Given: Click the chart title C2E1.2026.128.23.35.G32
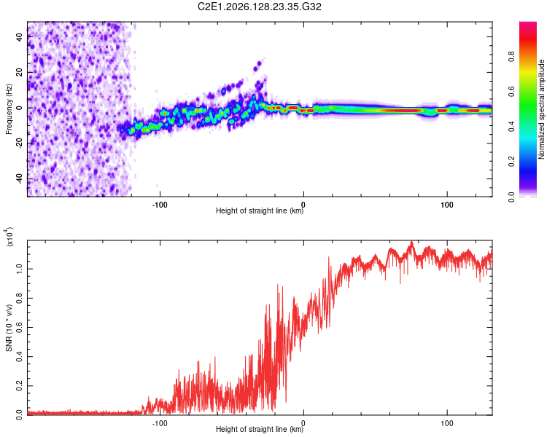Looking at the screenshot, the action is click(259, 7).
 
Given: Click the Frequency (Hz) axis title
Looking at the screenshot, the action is click(9, 109).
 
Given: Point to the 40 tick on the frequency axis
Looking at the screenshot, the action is click(20, 36).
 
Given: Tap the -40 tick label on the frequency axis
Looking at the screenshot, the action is click(20, 178).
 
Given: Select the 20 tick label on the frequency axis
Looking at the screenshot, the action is click(20, 72).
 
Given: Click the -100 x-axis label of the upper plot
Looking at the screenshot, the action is click(160, 205).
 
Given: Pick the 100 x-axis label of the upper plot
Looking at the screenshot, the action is click(447, 205).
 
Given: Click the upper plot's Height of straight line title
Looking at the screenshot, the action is click(260, 210).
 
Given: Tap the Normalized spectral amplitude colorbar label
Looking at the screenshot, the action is click(541, 109).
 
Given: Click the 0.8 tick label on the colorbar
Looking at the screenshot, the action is click(511, 57).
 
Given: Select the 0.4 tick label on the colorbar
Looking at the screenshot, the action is click(511, 127).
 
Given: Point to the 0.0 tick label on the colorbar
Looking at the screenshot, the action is click(511, 197).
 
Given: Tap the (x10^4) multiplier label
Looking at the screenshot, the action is click(9, 237).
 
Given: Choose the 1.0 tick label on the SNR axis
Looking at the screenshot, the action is click(20, 269).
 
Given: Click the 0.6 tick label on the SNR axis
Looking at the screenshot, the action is click(20, 327).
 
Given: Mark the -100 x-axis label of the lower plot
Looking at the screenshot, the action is click(160, 423).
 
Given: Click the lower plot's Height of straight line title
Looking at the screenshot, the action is click(260, 429).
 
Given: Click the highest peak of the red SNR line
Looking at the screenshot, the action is click(412, 241).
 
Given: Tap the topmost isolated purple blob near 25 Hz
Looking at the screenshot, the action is click(259, 64).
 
